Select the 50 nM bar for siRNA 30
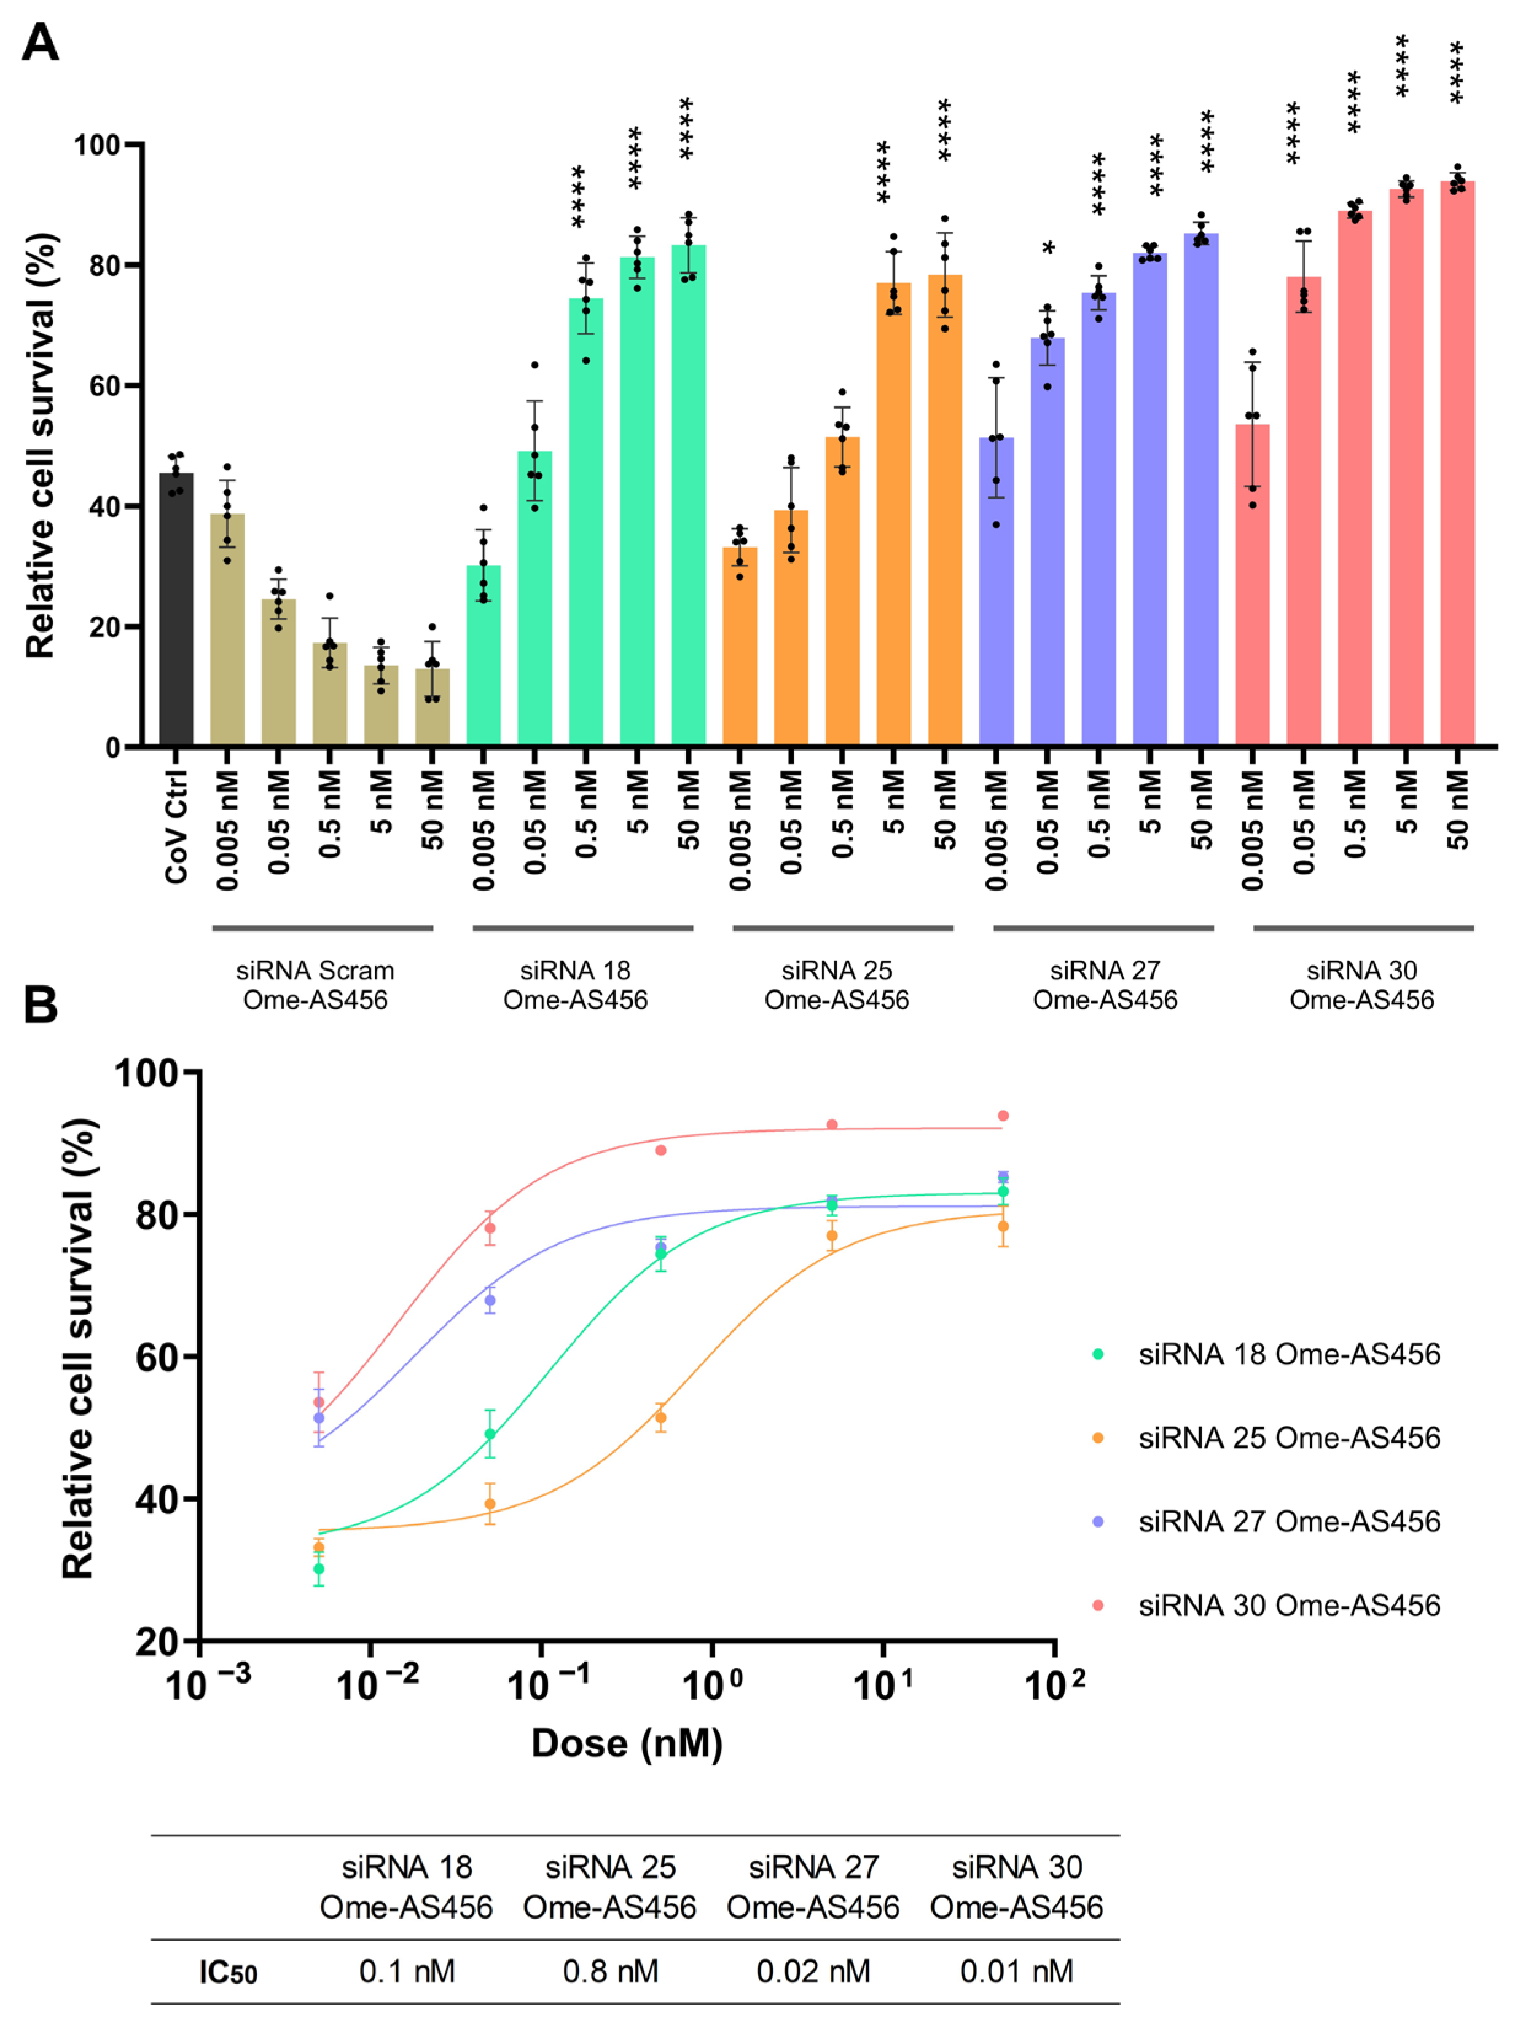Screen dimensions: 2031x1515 [x=1457, y=463]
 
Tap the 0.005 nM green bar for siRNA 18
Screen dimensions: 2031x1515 [x=483, y=655]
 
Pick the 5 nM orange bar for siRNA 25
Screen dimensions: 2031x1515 [x=893, y=514]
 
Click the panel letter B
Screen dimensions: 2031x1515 [x=41, y=1006]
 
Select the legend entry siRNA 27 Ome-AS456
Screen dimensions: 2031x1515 [x=1288, y=1522]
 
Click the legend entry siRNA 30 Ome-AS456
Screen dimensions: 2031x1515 [x=1288, y=1606]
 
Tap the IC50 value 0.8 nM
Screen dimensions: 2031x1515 [x=610, y=1971]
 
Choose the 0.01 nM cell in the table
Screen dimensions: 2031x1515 [x=1016, y=1971]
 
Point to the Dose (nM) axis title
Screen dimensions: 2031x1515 [x=627, y=1743]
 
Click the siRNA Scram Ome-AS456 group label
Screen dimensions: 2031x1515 [x=316, y=984]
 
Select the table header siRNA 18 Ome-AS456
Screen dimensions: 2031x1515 [x=406, y=1887]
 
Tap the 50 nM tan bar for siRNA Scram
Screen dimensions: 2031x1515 [x=432, y=708]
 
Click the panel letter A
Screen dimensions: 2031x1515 [x=41, y=43]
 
